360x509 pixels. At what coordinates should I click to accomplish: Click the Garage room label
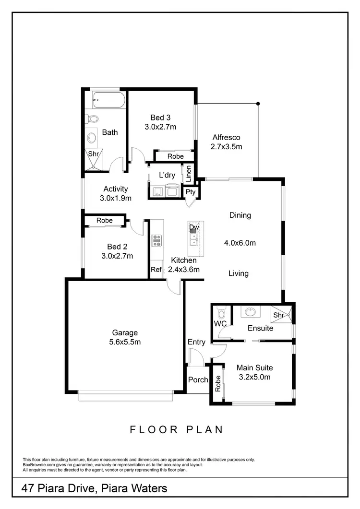pos(125,332)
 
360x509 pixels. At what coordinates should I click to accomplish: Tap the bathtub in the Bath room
pos(108,100)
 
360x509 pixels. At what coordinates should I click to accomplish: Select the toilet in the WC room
pos(221,314)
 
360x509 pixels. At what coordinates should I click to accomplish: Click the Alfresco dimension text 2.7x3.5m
pos(226,147)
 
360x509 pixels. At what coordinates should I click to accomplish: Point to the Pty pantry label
pos(191,192)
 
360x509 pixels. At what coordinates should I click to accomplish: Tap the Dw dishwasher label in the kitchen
pos(193,227)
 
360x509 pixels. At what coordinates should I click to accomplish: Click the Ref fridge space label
pos(156,270)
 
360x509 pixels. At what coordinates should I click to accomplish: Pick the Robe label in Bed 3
pos(175,156)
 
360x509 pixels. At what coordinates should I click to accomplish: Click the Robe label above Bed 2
pos(104,221)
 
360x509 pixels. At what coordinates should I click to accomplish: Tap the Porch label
pos(198,379)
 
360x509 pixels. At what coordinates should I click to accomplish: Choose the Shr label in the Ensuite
pos(278,315)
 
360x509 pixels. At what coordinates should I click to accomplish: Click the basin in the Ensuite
pos(250,312)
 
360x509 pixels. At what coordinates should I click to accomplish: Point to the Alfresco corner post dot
pos(258,103)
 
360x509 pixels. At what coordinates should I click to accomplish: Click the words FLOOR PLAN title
pos(177,429)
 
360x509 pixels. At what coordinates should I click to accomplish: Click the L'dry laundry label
pos(167,175)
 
